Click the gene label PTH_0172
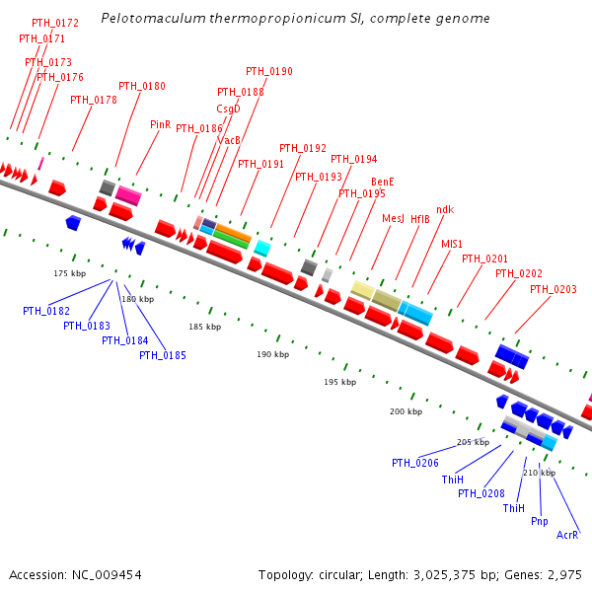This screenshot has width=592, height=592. (x=55, y=22)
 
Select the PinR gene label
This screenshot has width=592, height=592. (x=160, y=125)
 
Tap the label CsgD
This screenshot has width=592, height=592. (x=228, y=109)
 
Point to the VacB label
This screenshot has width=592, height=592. (x=229, y=140)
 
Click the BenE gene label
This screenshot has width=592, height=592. (x=382, y=183)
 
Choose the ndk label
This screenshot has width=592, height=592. (x=445, y=209)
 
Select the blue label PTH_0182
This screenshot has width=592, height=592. (x=46, y=311)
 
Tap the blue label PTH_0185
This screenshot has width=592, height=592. (x=162, y=355)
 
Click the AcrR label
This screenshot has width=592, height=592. (x=567, y=535)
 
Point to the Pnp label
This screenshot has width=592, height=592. (x=540, y=521)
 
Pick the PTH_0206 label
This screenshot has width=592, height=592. (x=415, y=463)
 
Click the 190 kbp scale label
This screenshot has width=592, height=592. (x=272, y=354)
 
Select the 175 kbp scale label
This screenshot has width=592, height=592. (x=69, y=272)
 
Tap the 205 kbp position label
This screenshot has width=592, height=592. (x=473, y=442)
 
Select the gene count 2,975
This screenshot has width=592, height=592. (x=562, y=574)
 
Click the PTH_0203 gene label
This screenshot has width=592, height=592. (x=554, y=289)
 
